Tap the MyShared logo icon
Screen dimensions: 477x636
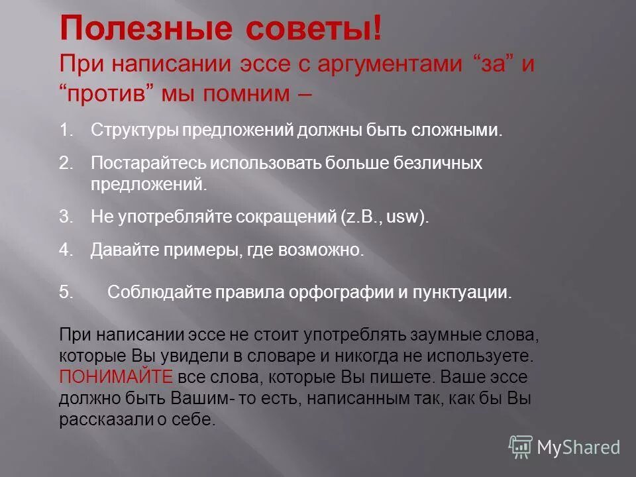(x=521, y=447)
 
